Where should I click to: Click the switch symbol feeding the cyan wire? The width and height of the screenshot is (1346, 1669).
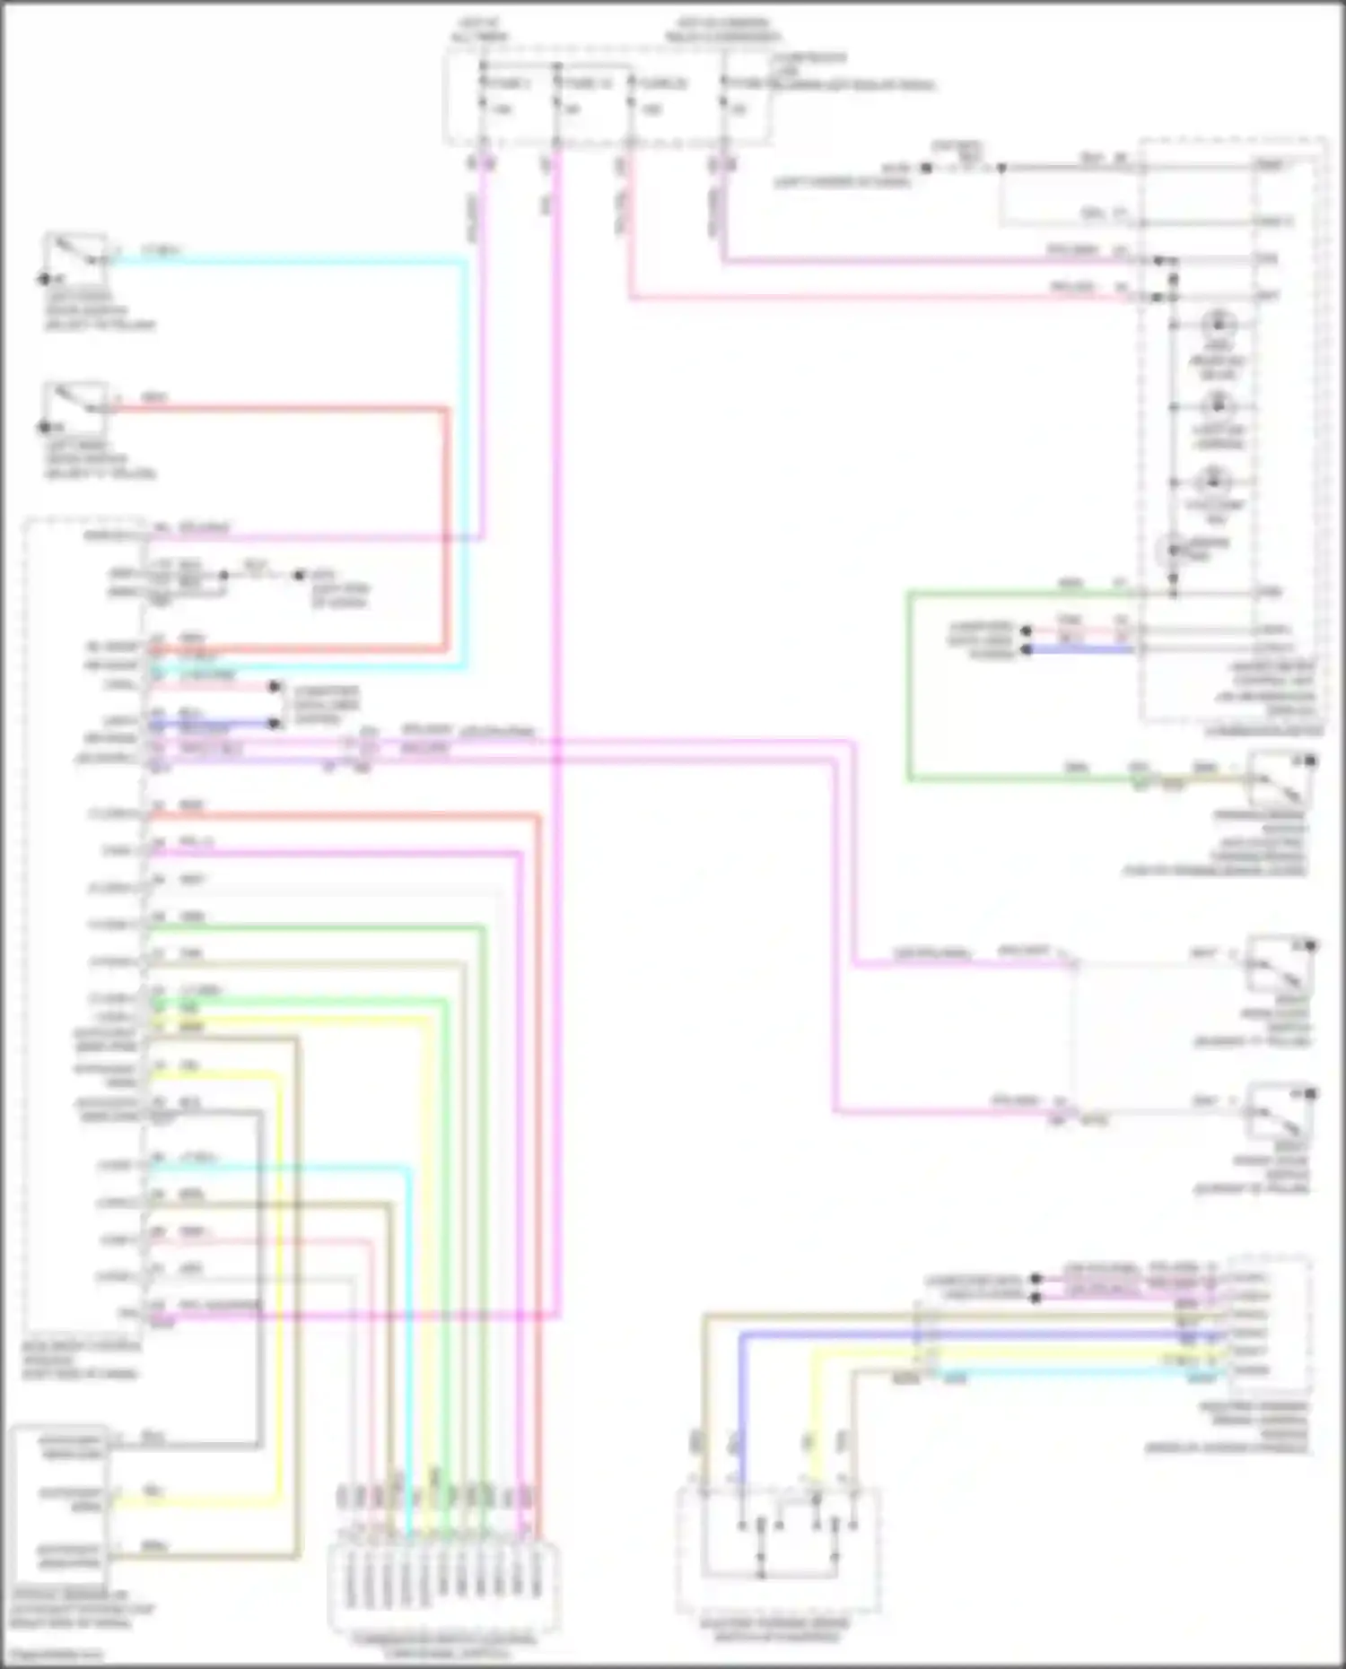click(x=77, y=253)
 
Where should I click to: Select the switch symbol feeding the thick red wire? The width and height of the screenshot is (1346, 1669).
click(x=77, y=403)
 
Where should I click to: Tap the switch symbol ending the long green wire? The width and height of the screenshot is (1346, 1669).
click(x=1280, y=778)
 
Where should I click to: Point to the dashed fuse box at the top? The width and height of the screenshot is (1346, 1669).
click(x=607, y=97)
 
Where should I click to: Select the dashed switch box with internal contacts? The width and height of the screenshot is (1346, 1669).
click(x=777, y=1550)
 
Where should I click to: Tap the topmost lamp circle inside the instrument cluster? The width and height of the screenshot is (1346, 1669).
click(x=1218, y=325)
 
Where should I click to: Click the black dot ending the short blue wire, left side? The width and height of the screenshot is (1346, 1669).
click(x=275, y=724)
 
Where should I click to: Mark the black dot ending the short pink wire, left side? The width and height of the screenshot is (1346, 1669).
click(x=275, y=687)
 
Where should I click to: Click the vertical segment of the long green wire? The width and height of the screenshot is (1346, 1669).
click(x=909, y=686)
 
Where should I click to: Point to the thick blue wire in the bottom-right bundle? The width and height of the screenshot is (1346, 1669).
click(x=978, y=1334)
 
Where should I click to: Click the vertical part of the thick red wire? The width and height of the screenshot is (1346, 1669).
click(x=446, y=529)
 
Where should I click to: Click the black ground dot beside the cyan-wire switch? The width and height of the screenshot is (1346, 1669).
click(x=43, y=279)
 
